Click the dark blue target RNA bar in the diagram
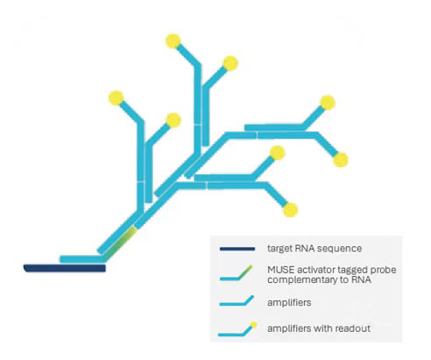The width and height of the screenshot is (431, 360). click(x=65, y=268)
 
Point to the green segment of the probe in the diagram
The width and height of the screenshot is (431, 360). click(x=120, y=244)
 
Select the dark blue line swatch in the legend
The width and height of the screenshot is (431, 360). click(x=237, y=249)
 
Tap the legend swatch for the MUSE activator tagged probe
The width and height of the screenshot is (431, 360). click(x=237, y=274)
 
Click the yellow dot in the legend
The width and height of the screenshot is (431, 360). click(x=254, y=325)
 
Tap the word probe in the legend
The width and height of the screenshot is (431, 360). click(x=385, y=271)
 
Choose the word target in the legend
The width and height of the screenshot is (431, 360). click(x=280, y=249)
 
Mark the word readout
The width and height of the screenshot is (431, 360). click(x=353, y=328)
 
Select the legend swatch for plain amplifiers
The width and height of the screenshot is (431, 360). click(x=237, y=301)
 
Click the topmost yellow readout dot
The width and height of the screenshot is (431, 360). click(x=173, y=41)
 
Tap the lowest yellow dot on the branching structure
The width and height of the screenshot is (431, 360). click(x=291, y=210)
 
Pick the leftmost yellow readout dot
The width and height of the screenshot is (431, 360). click(x=117, y=98)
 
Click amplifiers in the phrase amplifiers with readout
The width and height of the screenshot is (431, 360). click(x=289, y=328)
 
